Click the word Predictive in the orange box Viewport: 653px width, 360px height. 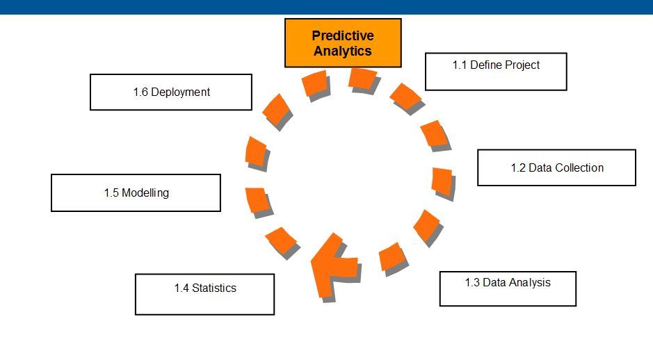[342, 35]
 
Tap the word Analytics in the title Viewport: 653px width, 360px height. [342, 51]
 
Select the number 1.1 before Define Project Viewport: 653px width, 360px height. [460, 65]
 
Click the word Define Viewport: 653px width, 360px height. [485, 65]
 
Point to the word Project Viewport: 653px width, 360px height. [522, 65]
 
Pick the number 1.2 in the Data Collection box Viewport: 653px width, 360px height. [518, 167]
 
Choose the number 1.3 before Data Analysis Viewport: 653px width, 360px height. [472, 282]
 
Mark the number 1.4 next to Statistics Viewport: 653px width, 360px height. [182, 288]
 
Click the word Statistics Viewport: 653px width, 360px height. [214, 288]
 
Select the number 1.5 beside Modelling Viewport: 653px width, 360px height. [111, 193]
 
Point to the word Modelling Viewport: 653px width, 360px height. [145, 193]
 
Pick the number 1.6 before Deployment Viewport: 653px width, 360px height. [140, 92]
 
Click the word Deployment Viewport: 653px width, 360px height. [180, 92]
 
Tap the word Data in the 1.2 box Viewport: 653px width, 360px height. [540, 167]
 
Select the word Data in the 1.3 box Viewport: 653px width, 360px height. [494, 282]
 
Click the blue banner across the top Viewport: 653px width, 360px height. [326, 7]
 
